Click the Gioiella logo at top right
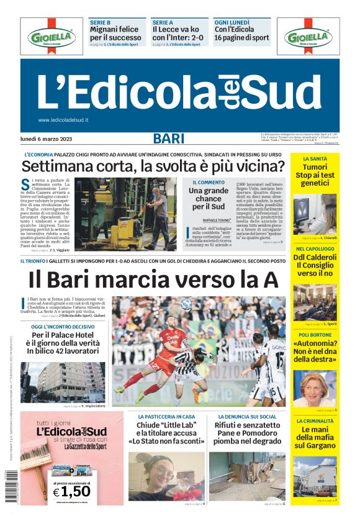pos(308,37)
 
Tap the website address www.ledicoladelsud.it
pos(63,120)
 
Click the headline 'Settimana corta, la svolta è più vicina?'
pos(153,166)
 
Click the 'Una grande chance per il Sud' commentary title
pos(208,198)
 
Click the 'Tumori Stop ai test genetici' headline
pos(315,176)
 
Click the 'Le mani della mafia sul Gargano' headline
pos(315,437)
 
